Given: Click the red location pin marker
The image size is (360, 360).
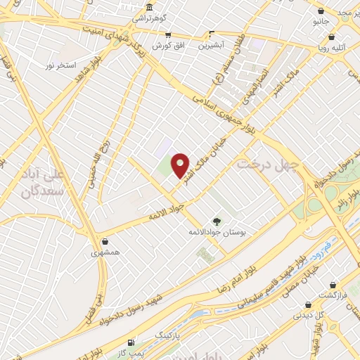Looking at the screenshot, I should [181, 165].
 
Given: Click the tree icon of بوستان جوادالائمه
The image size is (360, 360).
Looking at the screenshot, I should [216, 221].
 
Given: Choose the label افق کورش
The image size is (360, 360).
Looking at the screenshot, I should [167, 45].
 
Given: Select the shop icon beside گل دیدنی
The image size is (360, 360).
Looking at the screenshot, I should [308, 305].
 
